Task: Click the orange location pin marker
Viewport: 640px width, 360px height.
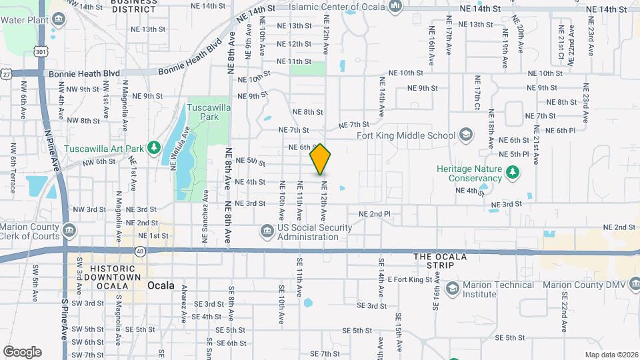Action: pyautogui.click(x=321, y=159)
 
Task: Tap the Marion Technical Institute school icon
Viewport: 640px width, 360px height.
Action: pyautogui.click(x=453, y=288)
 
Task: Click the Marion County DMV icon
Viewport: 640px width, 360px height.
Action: pyautogui.click(x=633, y=285)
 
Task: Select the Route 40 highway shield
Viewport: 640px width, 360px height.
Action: pyautogui.click(x=140, y=251)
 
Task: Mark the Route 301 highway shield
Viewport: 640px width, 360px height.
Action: pyautogui.click(x=42, y=51)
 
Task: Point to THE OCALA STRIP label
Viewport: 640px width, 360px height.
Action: pyautogui.click(x=434, y=261)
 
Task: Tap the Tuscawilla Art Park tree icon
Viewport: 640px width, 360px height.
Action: pyautogui.click(x=154, y=147)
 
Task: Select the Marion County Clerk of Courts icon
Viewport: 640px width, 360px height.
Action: pyautogui.click(x=70, y=231)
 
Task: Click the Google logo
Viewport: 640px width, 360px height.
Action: pyautogui.click(x=22, y=352)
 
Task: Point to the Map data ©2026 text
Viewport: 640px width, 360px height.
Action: pyautogui.click(x=611, y=355)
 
